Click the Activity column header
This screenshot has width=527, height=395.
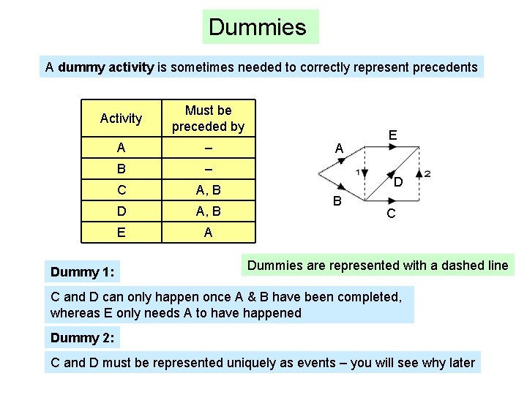tap(121, 118)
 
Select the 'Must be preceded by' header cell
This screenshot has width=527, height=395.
tap(208, 118)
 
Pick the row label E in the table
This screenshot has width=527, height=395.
tap(121, 233)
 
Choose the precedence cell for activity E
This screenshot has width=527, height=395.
tap(208, 233)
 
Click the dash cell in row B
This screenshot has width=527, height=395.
tap(208, 169)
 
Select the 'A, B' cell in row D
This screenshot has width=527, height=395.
tap(208, 212)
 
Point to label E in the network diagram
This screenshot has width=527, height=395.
tap(393, 135)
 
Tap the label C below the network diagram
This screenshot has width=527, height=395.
tap(392, 214)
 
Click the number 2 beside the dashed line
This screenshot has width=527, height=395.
tap(427, 173)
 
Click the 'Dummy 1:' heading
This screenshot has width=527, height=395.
tap(82, 272)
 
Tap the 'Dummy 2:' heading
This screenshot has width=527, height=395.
tap(82, 338)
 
